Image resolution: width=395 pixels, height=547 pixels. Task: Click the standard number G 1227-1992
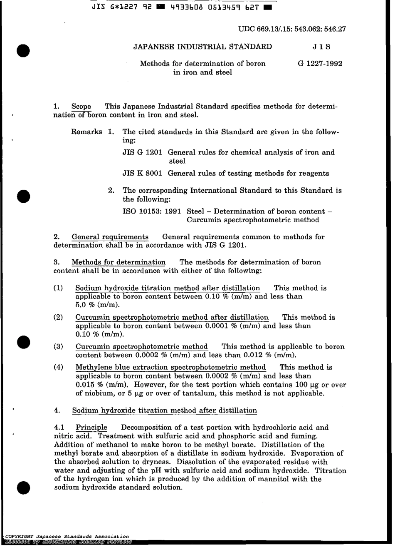point(320,64)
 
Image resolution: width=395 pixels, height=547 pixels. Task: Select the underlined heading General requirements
point(110,237)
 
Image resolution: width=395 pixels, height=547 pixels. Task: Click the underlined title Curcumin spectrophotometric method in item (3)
point(142,346)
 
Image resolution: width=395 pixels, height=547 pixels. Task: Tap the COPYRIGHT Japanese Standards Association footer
point(67,536)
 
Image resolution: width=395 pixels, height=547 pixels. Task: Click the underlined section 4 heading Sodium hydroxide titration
point(164,410)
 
